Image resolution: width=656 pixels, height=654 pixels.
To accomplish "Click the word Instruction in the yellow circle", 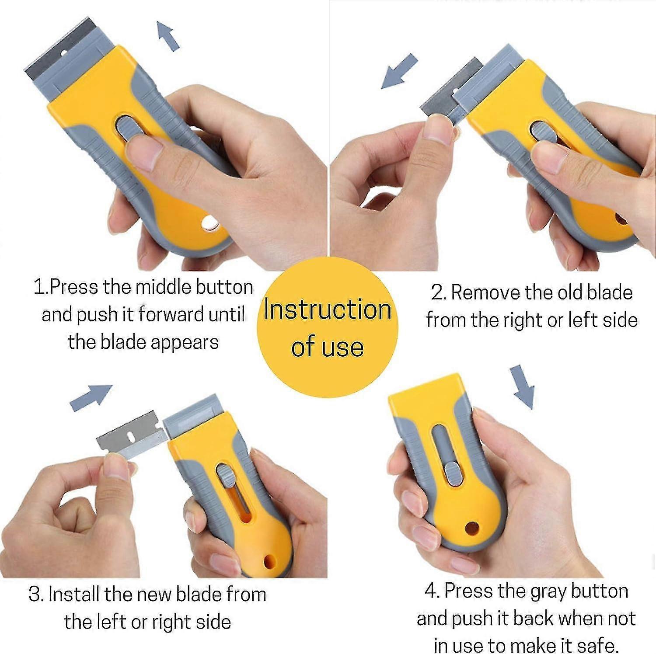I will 327,310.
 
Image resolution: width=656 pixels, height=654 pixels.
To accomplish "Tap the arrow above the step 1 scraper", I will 168,36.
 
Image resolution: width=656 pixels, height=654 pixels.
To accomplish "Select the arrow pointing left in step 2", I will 399,71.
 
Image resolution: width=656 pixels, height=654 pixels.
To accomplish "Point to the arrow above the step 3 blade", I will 91,397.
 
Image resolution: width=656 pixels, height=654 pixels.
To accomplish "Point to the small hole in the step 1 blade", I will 63,53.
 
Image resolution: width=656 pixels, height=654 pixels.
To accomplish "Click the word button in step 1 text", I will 224,288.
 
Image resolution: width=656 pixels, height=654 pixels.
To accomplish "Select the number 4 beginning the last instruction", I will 431,591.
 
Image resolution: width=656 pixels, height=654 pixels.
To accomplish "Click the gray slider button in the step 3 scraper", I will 225,476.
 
